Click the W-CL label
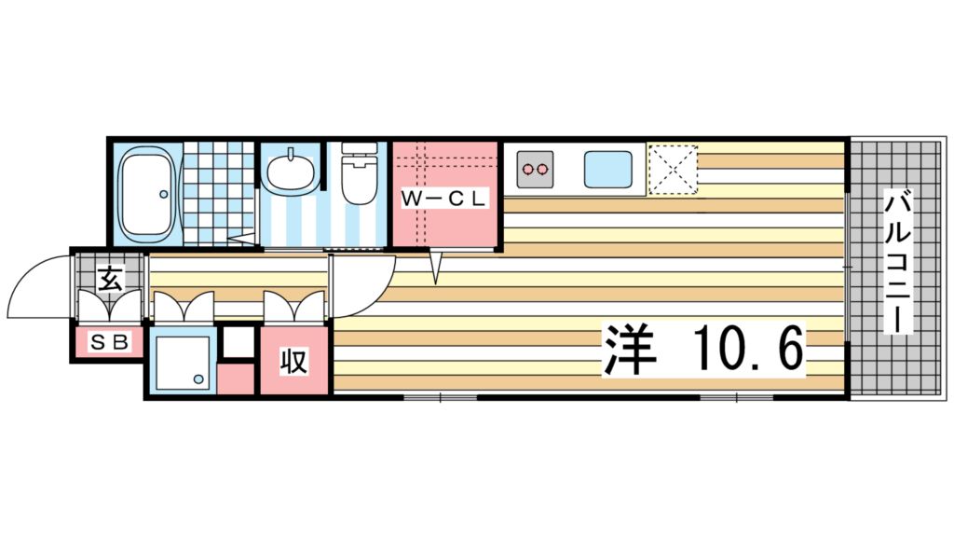pos(443,198)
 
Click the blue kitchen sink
pos(610,169)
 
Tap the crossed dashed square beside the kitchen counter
pos(672,169)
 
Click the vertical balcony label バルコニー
pos(897,261)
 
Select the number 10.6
pos(746,350)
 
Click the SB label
pos(108,342)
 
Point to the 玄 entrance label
pos(110,277)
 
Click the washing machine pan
pos(181,361)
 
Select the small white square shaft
pos(237,342)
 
